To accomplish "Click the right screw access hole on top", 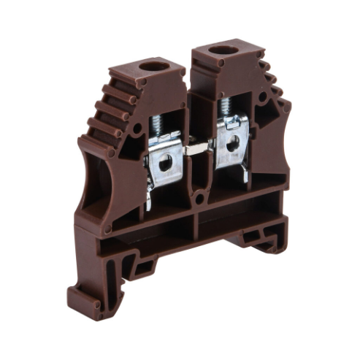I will tap(223, 51).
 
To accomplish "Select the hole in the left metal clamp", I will tap(166, 161).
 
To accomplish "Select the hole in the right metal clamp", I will tap(232, 145).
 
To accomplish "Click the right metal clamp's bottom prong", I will tap(245, 175).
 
